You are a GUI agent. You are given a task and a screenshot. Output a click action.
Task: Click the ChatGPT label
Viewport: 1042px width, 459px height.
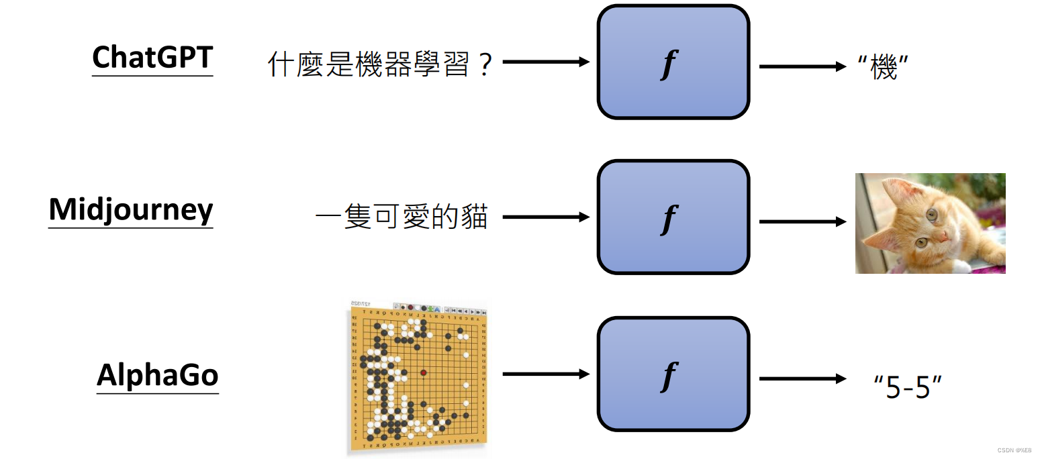point(152,58)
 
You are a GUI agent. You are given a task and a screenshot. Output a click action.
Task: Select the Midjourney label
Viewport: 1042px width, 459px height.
point(131,210)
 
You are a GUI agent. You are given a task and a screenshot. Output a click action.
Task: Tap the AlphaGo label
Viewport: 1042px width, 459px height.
point(158,374)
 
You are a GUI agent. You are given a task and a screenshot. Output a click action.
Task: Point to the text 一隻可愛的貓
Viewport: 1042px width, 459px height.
point(401,218)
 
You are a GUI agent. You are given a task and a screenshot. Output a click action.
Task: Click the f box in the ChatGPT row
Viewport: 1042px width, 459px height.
point(673,62)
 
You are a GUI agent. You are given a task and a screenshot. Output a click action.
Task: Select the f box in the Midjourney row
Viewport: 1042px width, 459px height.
point(673,217)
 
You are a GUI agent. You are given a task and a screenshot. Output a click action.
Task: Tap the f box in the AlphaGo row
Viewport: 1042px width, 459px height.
point(673,374)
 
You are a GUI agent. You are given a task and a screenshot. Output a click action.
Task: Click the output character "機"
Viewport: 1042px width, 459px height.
point(884,67)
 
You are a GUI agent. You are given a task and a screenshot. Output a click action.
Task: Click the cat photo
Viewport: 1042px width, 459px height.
point(930,223)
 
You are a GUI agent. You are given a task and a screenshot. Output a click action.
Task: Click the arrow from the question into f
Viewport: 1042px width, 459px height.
point(545,62)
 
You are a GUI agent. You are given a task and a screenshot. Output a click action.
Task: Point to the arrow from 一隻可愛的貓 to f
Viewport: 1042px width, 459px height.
point(545,217)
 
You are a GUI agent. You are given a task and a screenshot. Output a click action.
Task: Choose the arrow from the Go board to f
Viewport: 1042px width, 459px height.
point(545,374)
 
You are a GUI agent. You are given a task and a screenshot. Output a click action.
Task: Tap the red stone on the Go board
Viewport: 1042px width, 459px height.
point(423,372)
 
